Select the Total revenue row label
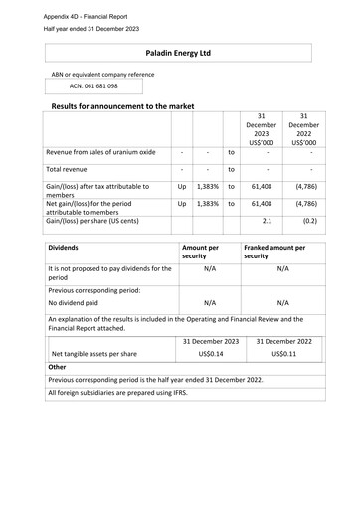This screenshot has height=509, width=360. (x=75, y=170)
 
